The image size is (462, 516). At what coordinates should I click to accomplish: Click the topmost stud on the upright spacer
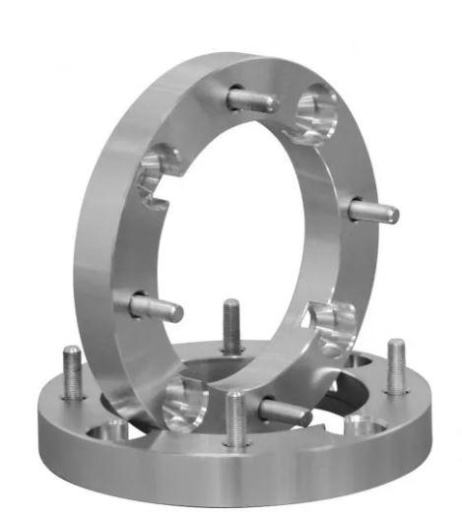(x=254, y=99)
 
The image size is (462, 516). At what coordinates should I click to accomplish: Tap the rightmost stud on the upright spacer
(x=374, y=211)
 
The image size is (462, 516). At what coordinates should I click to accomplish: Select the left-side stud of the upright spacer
(x=158, y=306)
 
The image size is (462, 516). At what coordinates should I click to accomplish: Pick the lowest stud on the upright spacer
(x=285, y=411)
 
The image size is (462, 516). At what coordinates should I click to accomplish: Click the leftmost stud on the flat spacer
(x=73, y=374)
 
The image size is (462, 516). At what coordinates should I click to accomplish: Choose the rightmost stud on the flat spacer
(x=395, y=366)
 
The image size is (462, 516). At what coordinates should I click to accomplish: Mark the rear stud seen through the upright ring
(x=231, y=325)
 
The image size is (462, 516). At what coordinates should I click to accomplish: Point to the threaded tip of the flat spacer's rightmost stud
(x=395, y=345)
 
